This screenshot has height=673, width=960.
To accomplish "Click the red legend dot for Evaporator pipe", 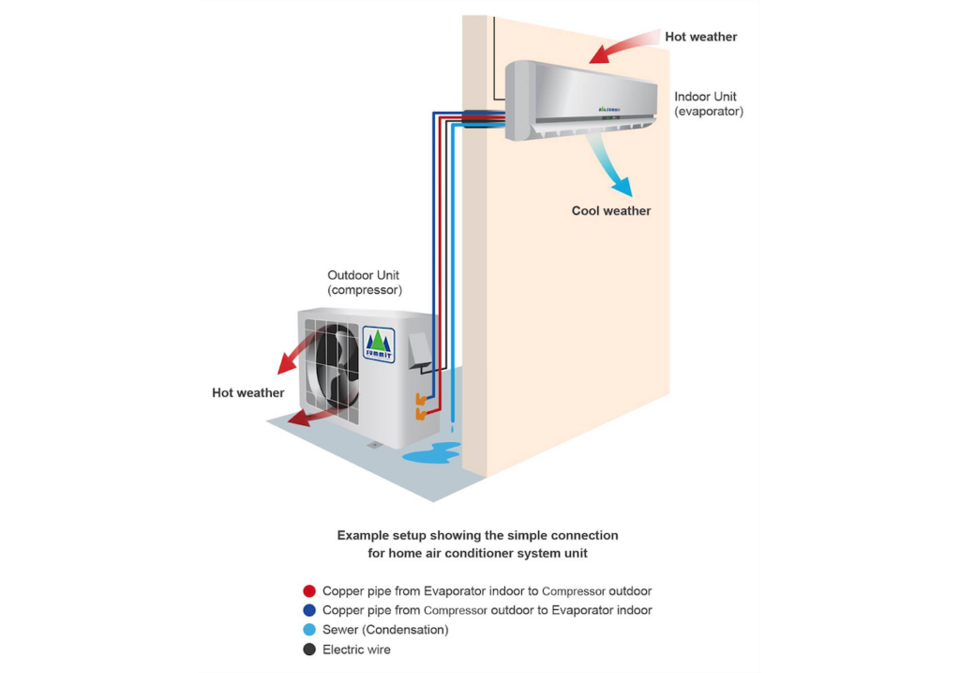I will pyautogui.click(x=309, y=591).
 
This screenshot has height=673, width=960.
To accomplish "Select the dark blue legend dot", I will pyautogui.click(x=309, y=610).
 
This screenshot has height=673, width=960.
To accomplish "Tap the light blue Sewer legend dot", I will pyautogui.click(x=309, y=630).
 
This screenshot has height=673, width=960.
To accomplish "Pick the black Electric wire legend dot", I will pyautogui.click(x=309, y=650).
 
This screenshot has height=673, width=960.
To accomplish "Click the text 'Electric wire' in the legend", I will pyautogui.click(x=356, y=650).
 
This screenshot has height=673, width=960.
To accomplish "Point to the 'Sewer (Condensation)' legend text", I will pyautogui.click(x=385, y=630).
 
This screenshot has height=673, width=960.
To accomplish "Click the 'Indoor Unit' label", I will pyautogui.click(x=705, y=97).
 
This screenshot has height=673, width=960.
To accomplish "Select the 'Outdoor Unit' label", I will pyautogui.click(x=364, y=275).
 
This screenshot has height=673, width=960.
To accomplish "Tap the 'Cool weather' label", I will pyautogui.click(x=611, y=211).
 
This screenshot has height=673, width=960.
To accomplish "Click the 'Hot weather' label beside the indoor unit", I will pyautogui.click(x=700, y=38).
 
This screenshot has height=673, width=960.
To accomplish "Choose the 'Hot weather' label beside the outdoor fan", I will pyautogui.click(x=247, y=393).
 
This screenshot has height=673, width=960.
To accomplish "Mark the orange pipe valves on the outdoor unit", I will pyautogui.click(x=421, y=406).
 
